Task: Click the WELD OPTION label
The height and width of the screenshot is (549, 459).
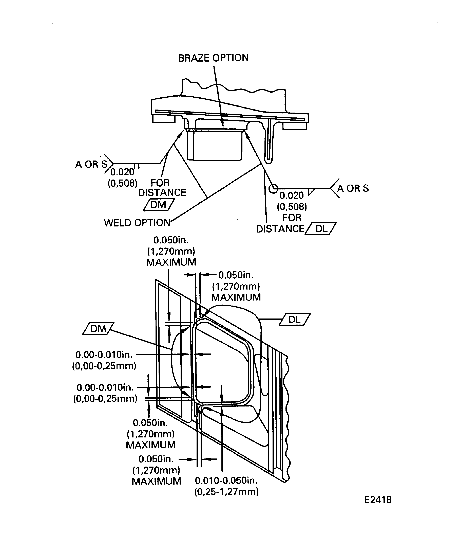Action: [x=137, y=223]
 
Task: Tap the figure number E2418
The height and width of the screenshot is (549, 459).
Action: [x=378, y=500]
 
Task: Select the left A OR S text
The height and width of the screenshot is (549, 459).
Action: [x=91, y=164]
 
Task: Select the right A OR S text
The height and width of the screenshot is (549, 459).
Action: [x=353, y=188]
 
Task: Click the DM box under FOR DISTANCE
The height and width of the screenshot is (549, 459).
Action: [x=159, y=205]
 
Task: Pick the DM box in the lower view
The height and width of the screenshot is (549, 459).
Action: [x=98, y=329]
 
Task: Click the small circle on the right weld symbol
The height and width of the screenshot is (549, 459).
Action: [x=273, y=188]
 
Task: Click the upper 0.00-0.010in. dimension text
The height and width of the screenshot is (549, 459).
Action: [x=104, y=355]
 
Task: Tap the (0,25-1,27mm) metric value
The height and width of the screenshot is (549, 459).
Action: [x=226, y=492]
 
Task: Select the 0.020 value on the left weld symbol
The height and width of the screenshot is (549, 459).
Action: [x=122, y=172]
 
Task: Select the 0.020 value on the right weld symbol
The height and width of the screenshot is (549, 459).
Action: [x=292, y=196]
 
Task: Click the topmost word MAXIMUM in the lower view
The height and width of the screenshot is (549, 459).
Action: [x=171, y=262]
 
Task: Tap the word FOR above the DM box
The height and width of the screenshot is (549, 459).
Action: [x=160, y=183]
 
